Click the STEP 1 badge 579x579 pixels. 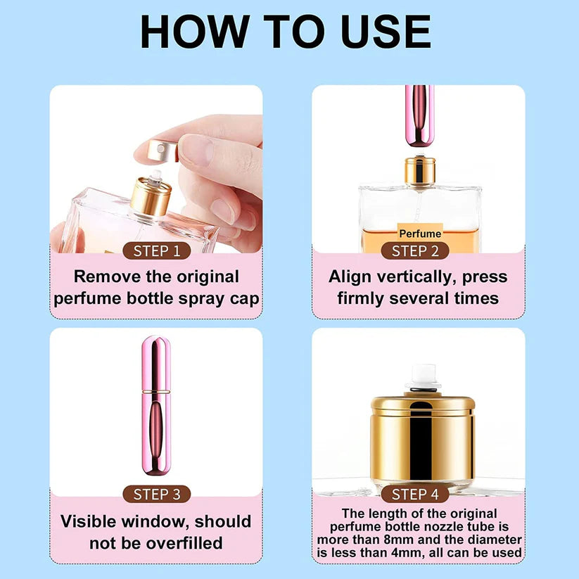(x=156, y=250)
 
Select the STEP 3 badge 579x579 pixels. (x=156, y=494)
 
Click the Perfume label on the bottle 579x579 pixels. (x=420, y=234)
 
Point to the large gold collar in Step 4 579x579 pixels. (x=423, y=440)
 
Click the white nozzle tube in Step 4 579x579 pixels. (x=423, y=376)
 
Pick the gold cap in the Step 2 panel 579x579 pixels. (x=419, y=170)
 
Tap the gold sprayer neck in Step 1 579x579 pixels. (x=150, y=197)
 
